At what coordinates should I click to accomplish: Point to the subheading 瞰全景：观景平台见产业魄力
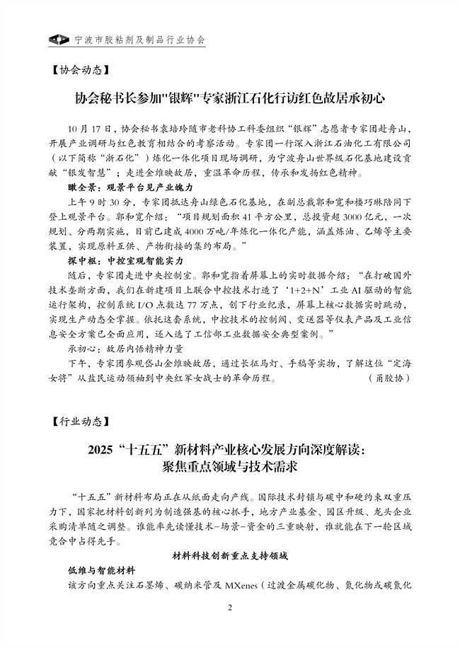coord(124,188)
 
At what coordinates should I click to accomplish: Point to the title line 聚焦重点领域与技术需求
coord(230,467)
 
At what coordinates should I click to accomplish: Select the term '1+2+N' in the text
coord(320,290)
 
